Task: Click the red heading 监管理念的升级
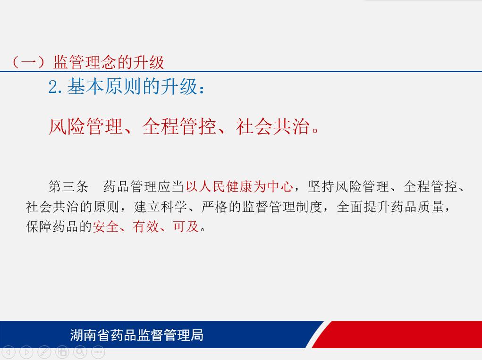click(x=109, y=62)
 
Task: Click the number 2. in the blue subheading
click(x=55, y=87)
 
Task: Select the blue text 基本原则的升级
click(x=132, y=86)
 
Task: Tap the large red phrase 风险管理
click(x=86, y=126)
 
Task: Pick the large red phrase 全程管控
click(x=179, y=126)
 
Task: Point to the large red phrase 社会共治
click(x=273, y=126)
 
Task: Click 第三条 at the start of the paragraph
click(x=68, y=186)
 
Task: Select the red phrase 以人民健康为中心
click(x=239, y=186)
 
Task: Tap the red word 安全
click(x=105, y=226)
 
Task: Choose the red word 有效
click(x=146, y=226)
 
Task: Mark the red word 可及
click(x=186, y=226)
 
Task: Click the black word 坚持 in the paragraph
click(x=321, y=186)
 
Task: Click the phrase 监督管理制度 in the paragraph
click(x=282, y=207)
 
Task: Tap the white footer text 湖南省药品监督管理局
click(x=137, y=335)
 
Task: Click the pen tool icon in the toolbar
click(x=44, y=352)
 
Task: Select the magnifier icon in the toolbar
click(x=80, y=352)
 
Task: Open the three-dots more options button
click(x=98, y=352)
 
